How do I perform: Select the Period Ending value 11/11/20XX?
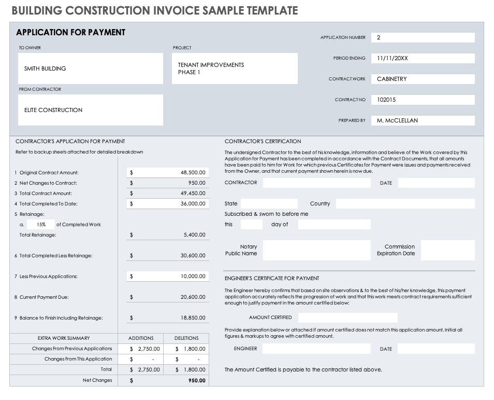(x=393, y=58)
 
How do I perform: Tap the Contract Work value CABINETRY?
(x=392, y=79)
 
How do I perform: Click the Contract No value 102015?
(x=386, y=100)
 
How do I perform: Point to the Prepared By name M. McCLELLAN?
(x=397, y=120)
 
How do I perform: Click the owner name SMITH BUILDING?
(x=45, y=68)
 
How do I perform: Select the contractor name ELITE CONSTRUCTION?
(x=53, y=110)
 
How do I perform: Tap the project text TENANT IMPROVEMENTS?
(x=211, y=65)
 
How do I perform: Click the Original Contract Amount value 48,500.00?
(x=193, y=173)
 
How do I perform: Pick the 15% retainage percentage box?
(x=41, y=225)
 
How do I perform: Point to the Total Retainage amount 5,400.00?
(x=194, y=235)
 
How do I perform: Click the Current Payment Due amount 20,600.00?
(x=193, y=297)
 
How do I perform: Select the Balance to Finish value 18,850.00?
(x=193, y=318)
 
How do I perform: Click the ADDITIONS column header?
(x=141, y=338)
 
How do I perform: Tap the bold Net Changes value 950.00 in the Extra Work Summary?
(x=196, y=380)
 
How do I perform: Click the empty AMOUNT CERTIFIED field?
(x=347, y=318)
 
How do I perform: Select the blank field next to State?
(x=269, y=204)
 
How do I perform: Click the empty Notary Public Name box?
(x=316, y=250)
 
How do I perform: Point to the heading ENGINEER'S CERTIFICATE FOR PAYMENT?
(x=272, y=278)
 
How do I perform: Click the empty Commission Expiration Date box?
(x=447, y=250)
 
